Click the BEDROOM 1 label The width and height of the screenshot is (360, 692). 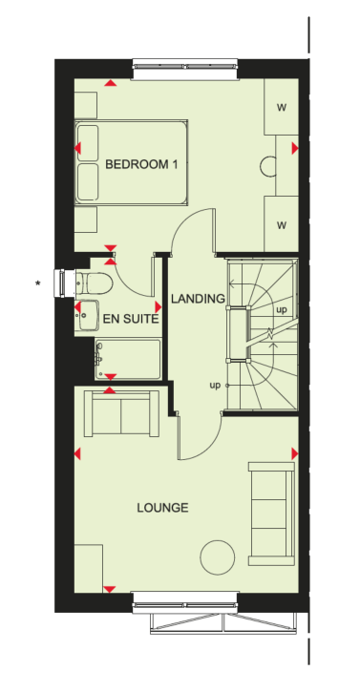(x=141, y=164)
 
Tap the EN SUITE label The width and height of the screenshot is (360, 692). (x=130, y=319)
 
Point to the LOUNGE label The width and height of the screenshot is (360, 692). (x=162, y=508)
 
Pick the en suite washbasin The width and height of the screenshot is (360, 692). (x=87, y=315)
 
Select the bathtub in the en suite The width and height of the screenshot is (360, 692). (x=128, y=359)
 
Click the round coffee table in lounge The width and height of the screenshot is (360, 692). (x=218, y=557)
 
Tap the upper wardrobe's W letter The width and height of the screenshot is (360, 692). (x=282, y=107)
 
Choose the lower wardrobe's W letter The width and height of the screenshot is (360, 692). (x=282, y=225)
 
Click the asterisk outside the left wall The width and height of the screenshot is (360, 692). (x=38, y=283)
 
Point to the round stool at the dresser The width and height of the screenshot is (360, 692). (x=268, y=166)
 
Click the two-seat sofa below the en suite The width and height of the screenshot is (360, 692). (x=121, y=413)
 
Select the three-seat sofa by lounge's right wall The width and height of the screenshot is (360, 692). (x=271, y=514)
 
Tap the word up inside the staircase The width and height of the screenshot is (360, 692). (x=282, y=310)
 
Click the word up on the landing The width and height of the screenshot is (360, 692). (x=215, y=386)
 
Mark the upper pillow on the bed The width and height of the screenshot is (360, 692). (x=88, y=143)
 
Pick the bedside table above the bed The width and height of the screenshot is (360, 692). (x=86, y=106)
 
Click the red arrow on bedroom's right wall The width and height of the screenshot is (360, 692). (x=295, y=149)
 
